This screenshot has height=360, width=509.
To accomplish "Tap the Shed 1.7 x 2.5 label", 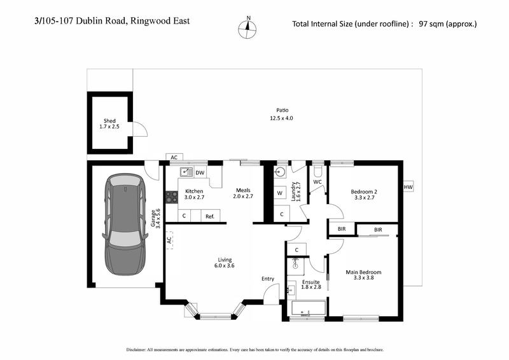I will pyautogui.click(x=110, y=124).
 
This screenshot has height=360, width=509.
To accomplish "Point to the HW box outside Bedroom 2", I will pyautogui.click(x=408, y=188).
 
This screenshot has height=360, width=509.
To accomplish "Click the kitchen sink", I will pyautogui.click(x=186, y=172).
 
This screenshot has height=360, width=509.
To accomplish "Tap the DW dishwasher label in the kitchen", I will pyautogui.click(x=200, y=172).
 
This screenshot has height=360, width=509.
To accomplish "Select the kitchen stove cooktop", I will pyautogui.click(x=171, y=197).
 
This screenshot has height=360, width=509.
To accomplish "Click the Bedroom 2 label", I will pyautogui.click(x=364, y=194).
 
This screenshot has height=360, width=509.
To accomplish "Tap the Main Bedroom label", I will pyautogui.click(x=363, y=275).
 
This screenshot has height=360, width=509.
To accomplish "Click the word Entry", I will pyautogui.click(x=268, y=278).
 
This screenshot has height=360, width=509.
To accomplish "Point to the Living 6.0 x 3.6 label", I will pyautogui.click(x=225, y=263).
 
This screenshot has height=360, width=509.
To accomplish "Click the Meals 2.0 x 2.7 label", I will pyautogui.click(x=244, y=193).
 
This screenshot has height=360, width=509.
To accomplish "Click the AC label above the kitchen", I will pyautogui.click(x=174, y=157).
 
